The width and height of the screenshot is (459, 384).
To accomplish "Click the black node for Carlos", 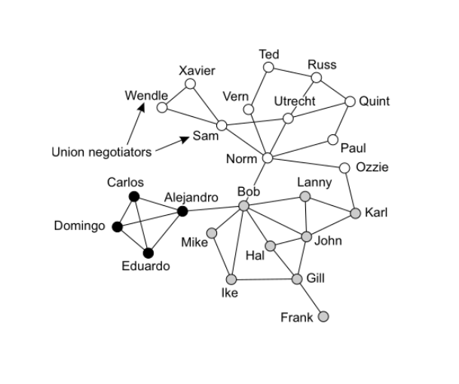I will click(134, 197).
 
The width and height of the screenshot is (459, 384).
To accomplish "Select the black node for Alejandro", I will click(182, 211).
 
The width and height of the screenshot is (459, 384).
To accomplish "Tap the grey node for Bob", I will click(243, 206).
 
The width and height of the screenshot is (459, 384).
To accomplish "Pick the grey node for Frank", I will click(324, 317).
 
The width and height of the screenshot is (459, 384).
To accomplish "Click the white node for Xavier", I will click(191, 84).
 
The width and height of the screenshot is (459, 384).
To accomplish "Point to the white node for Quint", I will click(350, 101).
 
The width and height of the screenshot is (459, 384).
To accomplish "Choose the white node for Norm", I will click(267, 158).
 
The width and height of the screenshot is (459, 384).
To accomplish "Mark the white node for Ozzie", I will click(344, 167).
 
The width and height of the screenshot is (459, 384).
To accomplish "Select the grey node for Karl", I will click(356, 214).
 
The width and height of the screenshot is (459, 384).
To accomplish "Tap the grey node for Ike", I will click(230, 281).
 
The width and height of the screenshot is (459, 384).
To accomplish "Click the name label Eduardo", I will click(146, 266).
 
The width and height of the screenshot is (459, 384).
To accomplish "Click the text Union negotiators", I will click(101, 152).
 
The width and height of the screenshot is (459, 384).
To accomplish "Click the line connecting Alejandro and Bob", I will click(213, 209).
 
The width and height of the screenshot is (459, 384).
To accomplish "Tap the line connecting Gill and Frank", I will click(311, 298).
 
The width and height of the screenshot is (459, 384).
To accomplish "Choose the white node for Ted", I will click(268, 67).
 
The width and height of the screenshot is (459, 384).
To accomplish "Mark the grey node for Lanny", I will click(304, 197).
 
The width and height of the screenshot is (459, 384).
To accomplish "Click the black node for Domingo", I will click(117, 226).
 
